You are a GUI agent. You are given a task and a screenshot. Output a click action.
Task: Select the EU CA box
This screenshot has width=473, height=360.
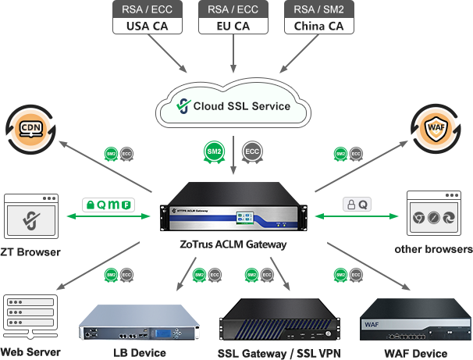[x=233, y=18]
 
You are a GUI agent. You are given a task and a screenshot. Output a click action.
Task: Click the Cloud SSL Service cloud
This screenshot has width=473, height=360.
[x=233, y=106]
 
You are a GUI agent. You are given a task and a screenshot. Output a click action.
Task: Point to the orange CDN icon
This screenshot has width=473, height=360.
[x=30, y=128]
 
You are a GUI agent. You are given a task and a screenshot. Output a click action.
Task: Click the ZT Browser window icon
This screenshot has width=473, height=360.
[x=31, y=216]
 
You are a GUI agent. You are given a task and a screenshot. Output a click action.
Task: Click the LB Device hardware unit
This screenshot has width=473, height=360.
[x=137, y=323]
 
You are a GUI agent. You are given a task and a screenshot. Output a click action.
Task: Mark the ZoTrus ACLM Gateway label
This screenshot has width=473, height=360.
[x=232, y=244]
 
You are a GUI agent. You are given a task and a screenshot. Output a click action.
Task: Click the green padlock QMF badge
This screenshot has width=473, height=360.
[x=108, y=205]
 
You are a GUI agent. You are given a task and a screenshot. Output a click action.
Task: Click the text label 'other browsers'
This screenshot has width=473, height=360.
[x=434, y=250]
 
